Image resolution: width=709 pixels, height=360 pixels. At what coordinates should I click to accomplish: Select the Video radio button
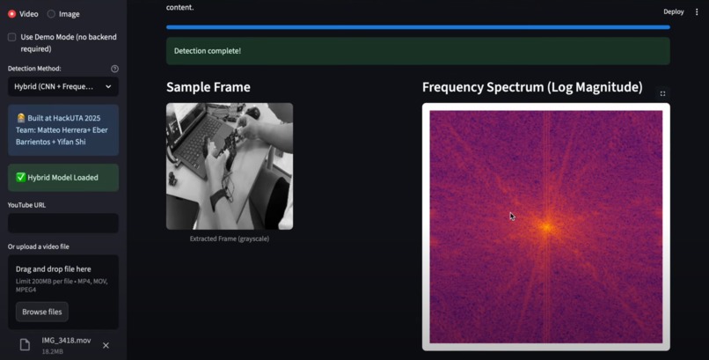click(x=12, y=14)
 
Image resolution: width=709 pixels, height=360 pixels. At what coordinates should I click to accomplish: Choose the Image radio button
click(x=51, y=14)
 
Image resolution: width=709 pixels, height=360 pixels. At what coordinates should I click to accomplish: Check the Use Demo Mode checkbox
click(x=12, y=37)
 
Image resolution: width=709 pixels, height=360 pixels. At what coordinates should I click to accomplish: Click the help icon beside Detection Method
click(x=114, y=69)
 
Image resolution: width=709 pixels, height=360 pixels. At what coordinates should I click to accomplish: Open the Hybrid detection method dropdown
click(x=62, y=87)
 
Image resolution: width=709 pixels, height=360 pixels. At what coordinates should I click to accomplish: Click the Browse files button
click(x=42, y=312)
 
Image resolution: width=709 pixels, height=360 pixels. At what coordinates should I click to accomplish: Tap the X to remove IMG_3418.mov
click(x=106, y=345)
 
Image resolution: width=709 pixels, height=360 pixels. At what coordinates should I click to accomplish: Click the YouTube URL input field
click(x=62, y=224)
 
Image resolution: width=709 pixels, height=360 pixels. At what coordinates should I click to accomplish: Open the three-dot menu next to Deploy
click(x=698, y=12)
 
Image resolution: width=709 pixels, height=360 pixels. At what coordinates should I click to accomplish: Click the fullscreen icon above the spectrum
click(x=662, y=93)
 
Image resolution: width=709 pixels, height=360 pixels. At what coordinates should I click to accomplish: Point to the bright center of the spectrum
click(x=545, y=227)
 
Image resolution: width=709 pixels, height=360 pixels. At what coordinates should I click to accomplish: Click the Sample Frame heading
click(x=208, y=87)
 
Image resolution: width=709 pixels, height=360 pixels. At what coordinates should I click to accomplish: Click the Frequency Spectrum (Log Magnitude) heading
click(x=531, y=87)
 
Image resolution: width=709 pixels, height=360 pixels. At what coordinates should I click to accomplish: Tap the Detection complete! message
click(x=208, y=51)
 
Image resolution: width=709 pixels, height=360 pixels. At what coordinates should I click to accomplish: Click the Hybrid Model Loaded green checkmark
click(x=21, y=178)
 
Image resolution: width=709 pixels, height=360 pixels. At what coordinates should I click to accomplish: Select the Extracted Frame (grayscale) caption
click(x=230, y=239)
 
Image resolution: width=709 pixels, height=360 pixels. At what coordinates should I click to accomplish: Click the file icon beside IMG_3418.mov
click(x=25, y=345)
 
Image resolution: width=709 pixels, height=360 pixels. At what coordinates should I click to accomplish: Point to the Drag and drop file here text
click(x=53, y=269)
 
